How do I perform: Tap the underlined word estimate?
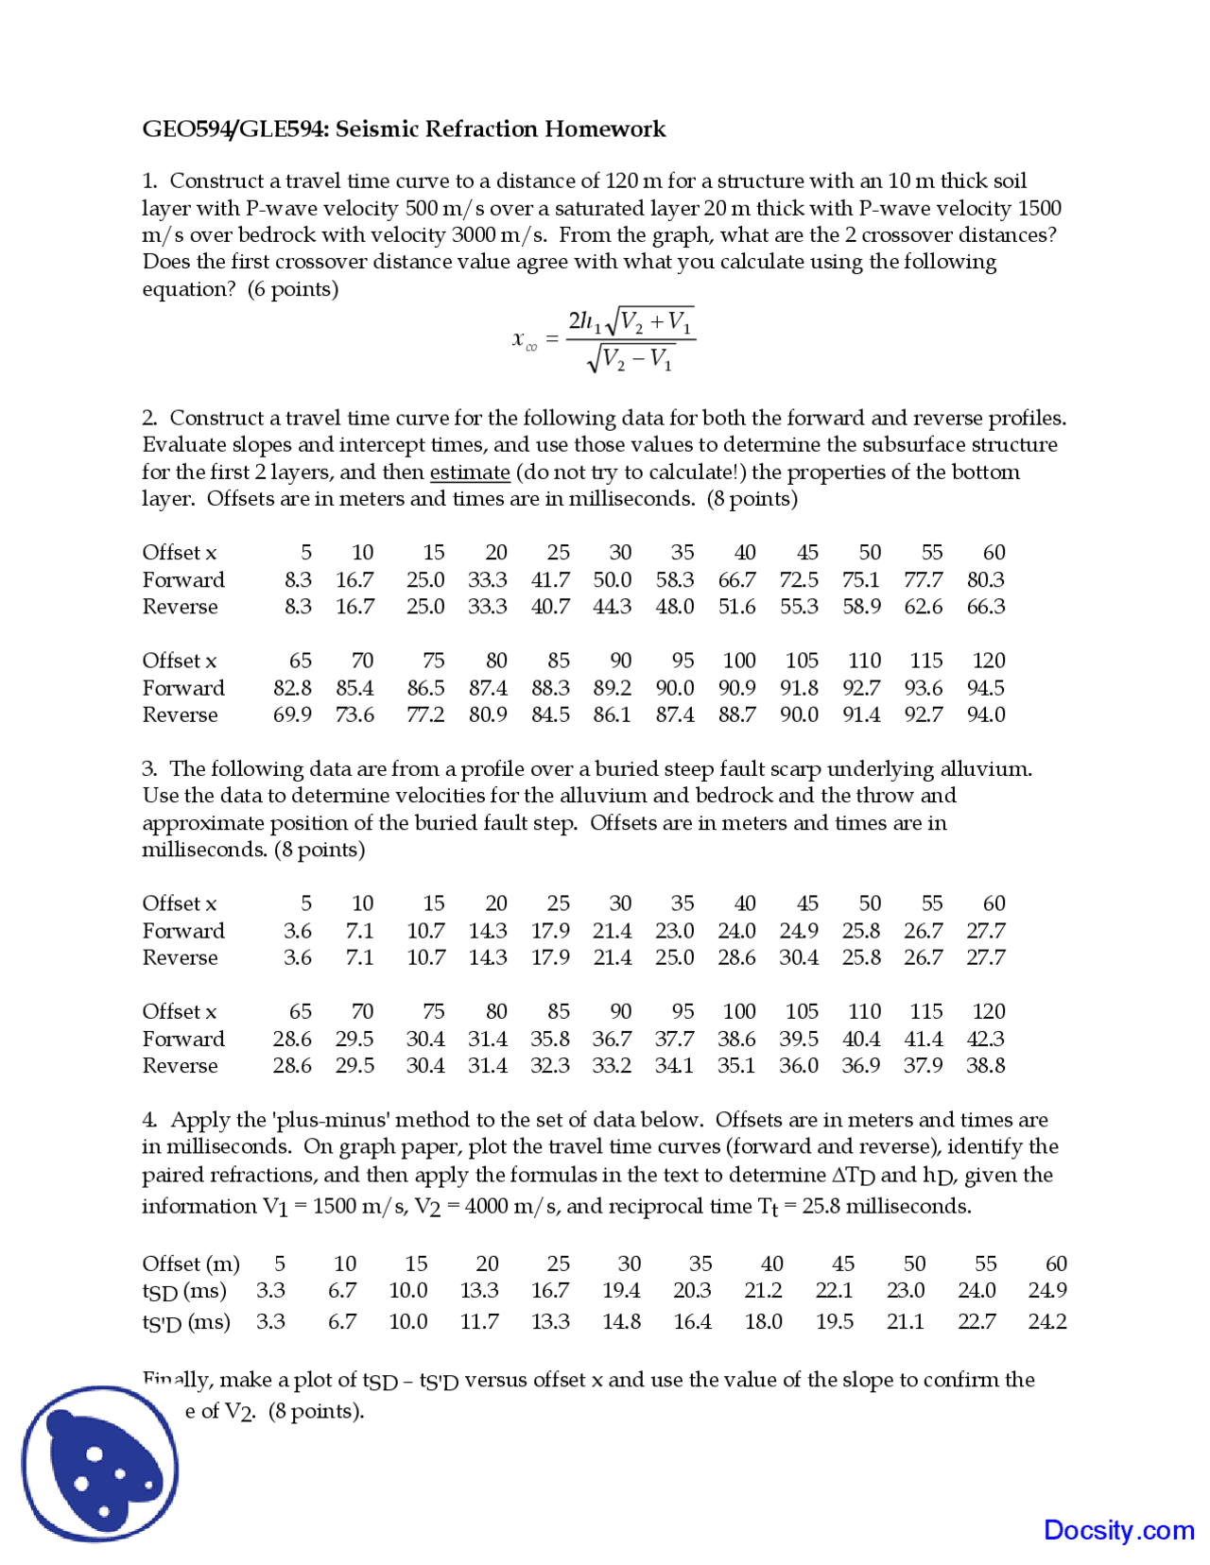click(470, 473)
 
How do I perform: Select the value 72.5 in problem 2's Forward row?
click(799, 580)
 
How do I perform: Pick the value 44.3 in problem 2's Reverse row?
click(612, 607)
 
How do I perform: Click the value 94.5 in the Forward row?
click(985, 688)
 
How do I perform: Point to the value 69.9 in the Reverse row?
click(292, 715)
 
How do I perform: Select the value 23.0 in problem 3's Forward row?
click(674, 931)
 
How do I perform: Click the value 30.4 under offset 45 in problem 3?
click(799, 958)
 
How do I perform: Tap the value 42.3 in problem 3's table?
click(985, 1040)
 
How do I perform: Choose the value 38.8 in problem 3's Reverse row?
click(985, 1066)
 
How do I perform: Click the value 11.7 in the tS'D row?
click(479, 1322)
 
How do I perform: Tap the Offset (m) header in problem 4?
click(191, 1264)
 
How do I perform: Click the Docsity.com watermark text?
click(1118, 1530)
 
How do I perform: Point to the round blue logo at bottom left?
click(100, 1464)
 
